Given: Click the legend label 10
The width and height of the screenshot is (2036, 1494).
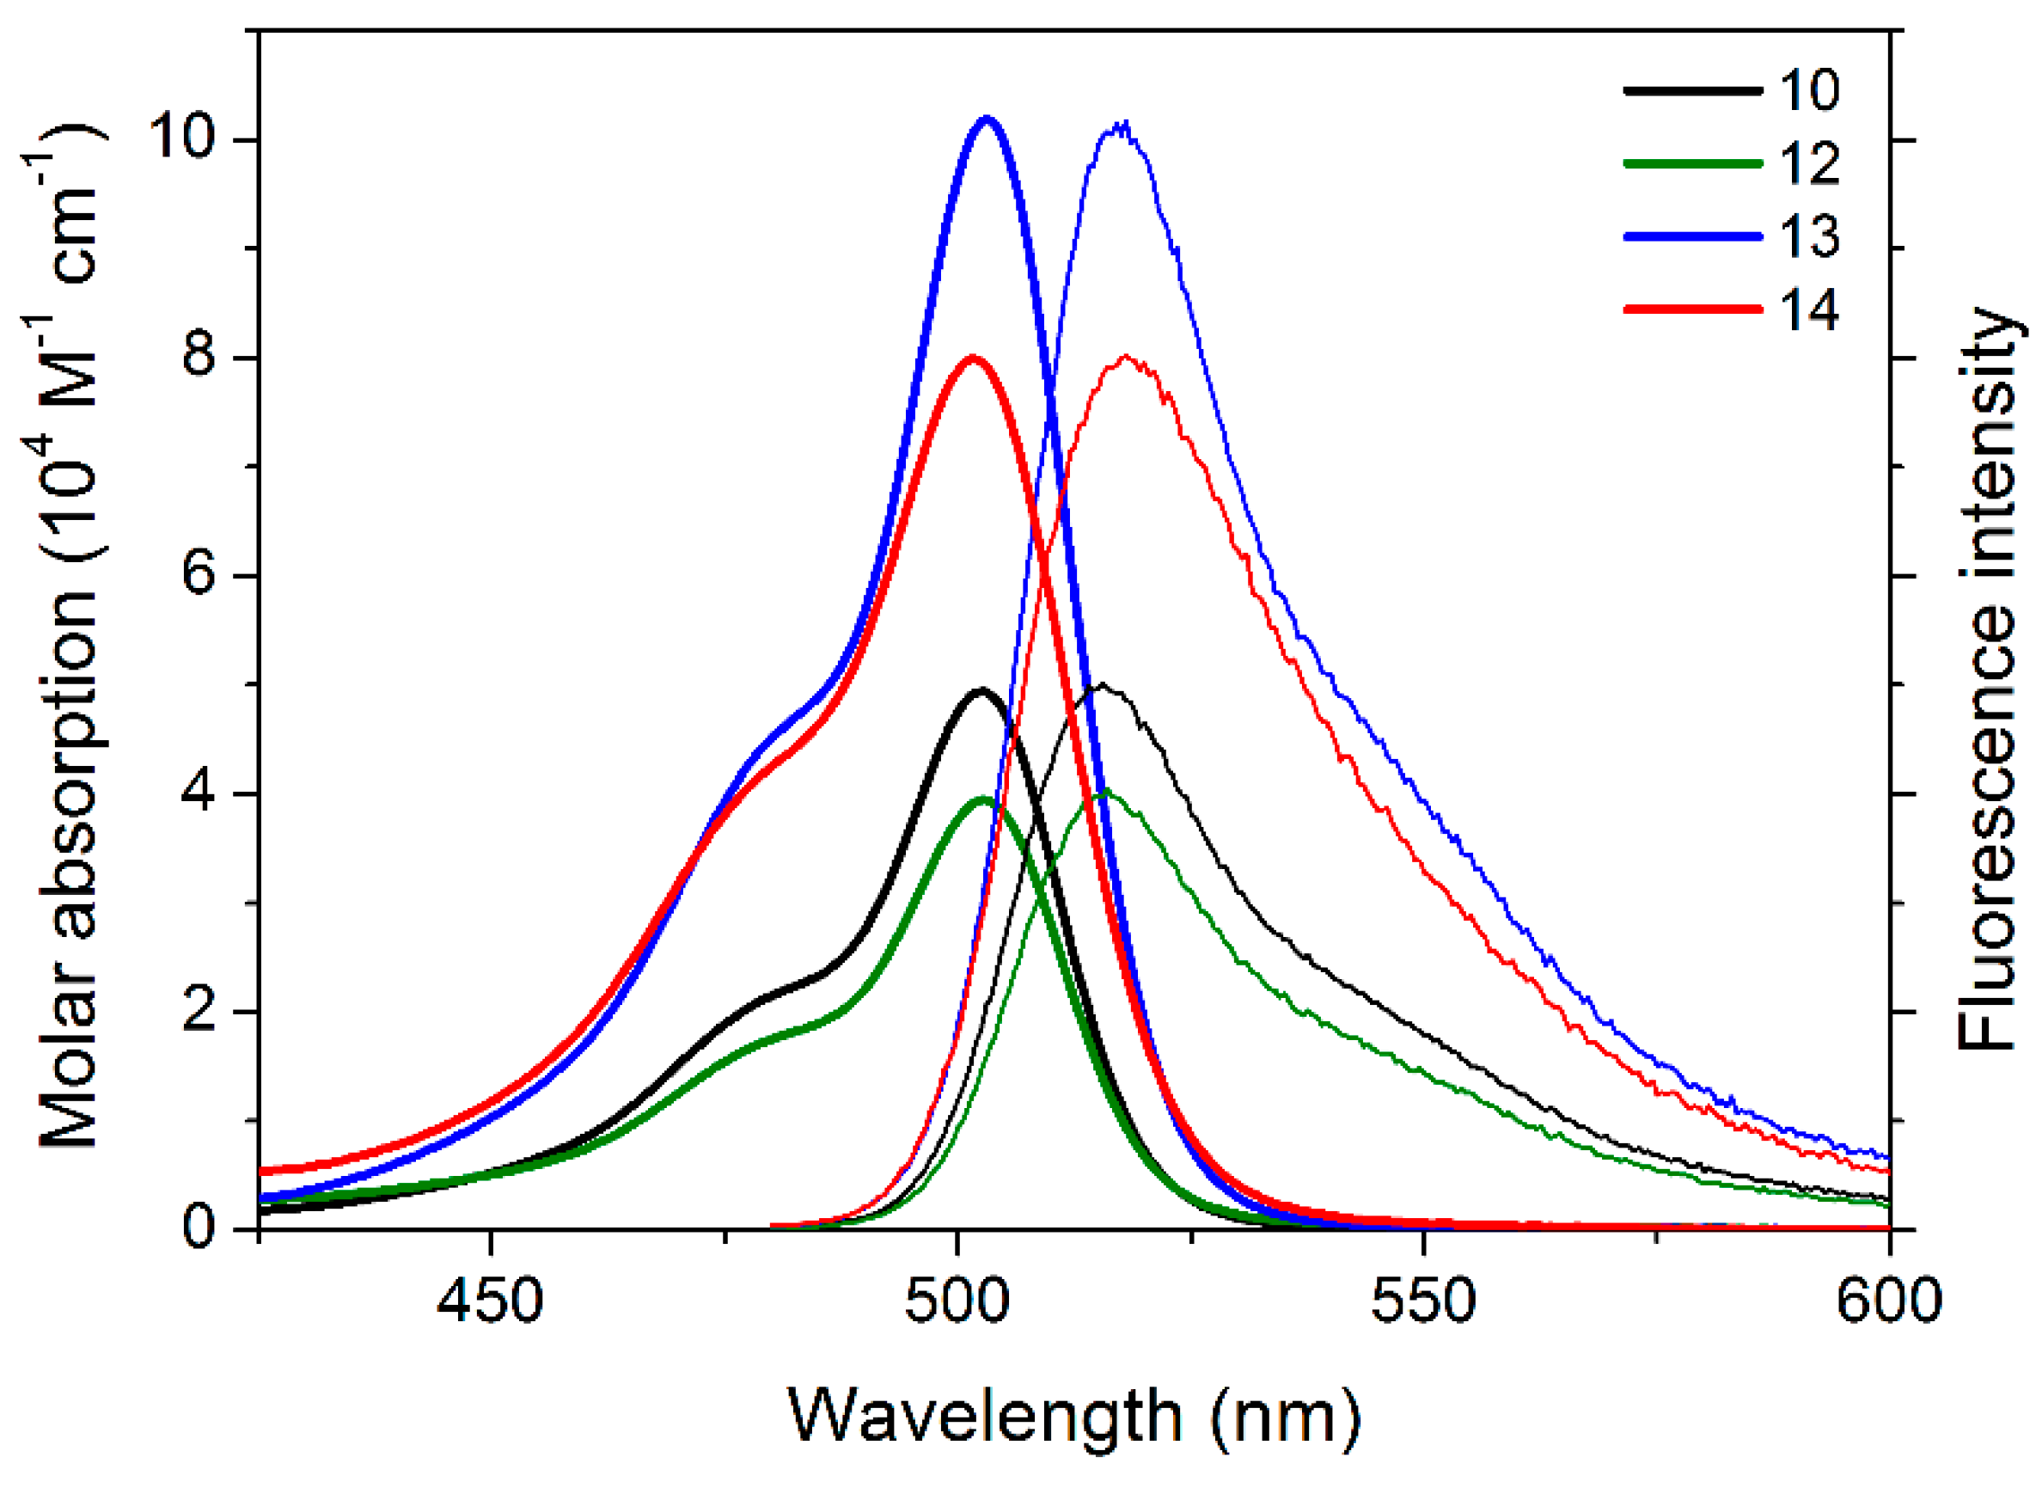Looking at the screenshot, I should (1809, 90).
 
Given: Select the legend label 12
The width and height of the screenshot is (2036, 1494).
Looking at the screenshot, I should (1809, 163).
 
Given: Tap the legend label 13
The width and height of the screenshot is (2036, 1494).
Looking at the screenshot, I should (1809, 237).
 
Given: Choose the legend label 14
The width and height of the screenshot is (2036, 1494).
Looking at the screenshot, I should (1809, 310).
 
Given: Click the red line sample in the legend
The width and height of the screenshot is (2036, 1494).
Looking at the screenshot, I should (1692, 309).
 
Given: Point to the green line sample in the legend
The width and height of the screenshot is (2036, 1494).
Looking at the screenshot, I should (1692, 163).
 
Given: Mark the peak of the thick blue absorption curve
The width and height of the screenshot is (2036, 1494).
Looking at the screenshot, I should (987, 118).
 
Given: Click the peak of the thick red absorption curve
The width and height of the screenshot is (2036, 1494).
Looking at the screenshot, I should (973, 358).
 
